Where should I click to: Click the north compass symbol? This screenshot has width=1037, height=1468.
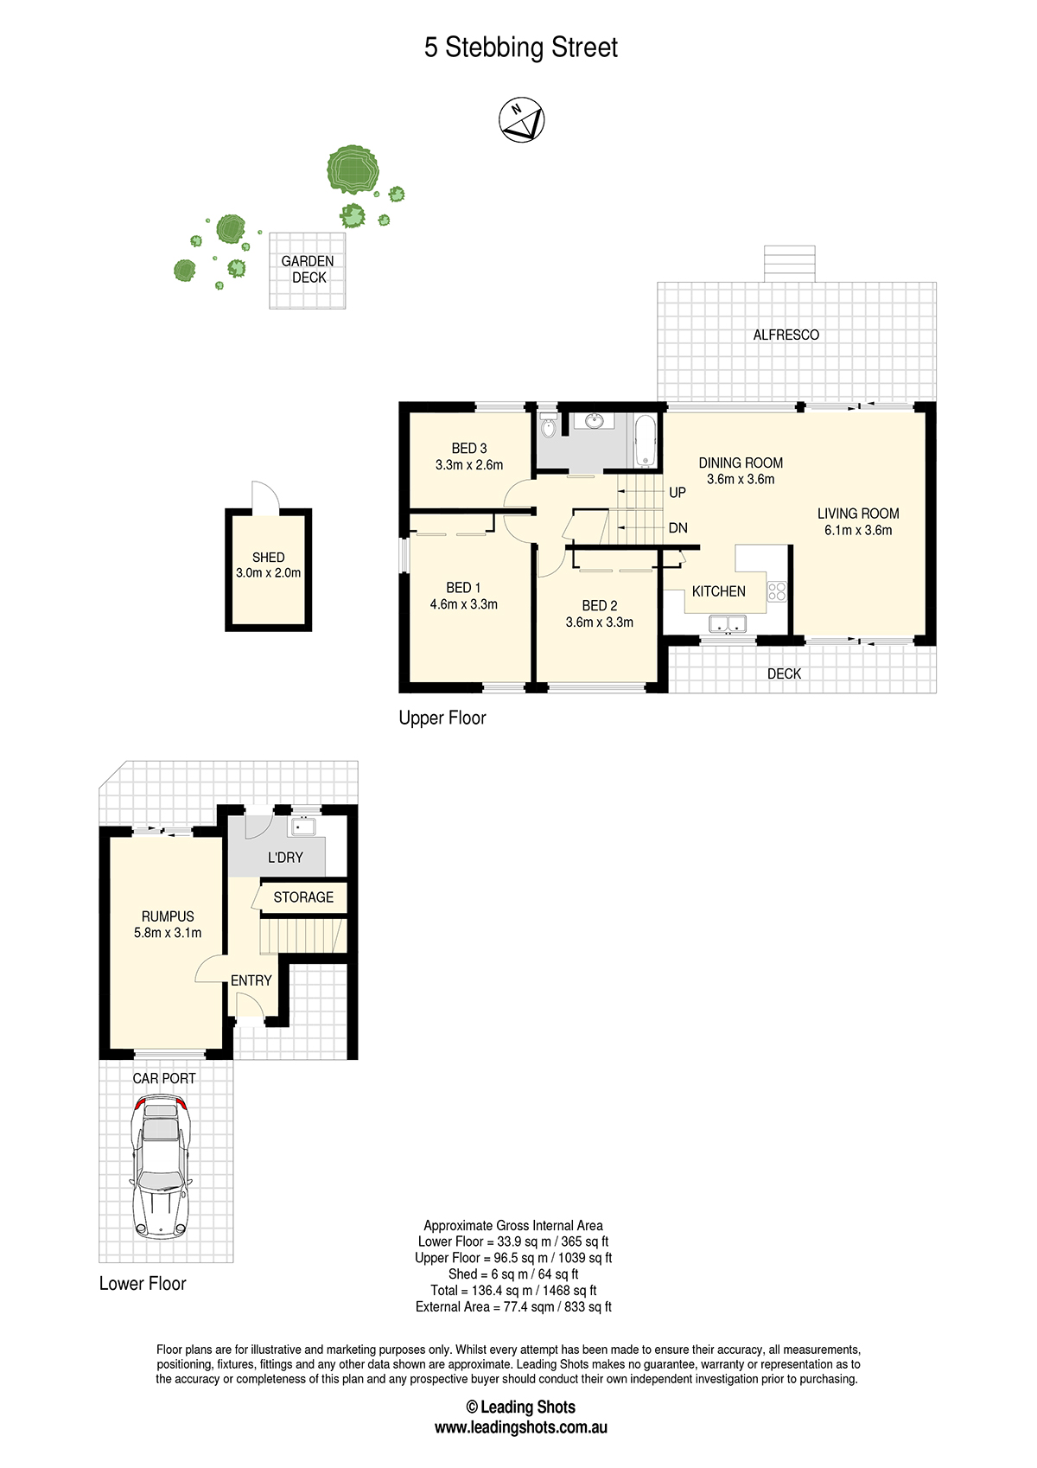pyautogui.click(x=521, y=120)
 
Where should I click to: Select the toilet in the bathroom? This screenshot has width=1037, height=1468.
pyautogui.click(x=548, y=427)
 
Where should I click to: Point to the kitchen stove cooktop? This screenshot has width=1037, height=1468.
pyautogui.click(x=776, y=591)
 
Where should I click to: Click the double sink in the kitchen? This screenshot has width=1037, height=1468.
pyautogui.click(x=727, y=623)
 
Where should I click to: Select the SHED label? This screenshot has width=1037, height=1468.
pyautogui.click(x=269, y=557)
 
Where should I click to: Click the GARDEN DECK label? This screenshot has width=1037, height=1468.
pyautogui.click(x=308, y=270)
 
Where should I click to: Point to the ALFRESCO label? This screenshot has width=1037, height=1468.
pyautogui.click(x=786, y=335)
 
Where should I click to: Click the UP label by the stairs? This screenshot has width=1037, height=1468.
pyautogui.click(x=678, y=492)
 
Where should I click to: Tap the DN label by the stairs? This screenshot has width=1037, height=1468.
pyautogui.click(x=678, y=527)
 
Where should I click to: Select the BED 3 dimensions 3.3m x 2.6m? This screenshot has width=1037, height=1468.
pyautogui.click(x=469, y=465)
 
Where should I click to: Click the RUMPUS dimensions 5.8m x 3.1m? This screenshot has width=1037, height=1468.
pyautogui.click(x=168, y=933)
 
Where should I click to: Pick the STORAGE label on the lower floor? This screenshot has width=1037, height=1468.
pyautogui.click(x=303, y=897)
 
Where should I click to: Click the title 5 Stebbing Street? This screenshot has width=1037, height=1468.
pyautogui.click(x=521, y=48)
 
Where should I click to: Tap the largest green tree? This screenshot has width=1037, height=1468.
pyautogui.click(x=353, y=169)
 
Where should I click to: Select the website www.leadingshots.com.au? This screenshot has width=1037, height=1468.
pyautogui.click(x=521, y=1427)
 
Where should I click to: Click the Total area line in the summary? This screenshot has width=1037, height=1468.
pyautogui.click(x=513, y=1291)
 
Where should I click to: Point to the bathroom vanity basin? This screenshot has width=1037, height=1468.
pyautogui.click(x=595, y=421)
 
